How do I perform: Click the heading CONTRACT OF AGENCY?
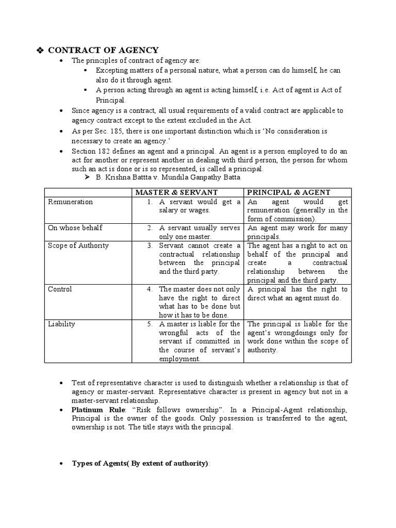pos(103,50)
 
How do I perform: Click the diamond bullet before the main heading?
pos(40,50)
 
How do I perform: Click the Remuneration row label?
pos(70,202)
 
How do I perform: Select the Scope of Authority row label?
pos(78,245)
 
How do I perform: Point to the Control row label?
pos(60,289)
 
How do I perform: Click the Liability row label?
pos(61,324)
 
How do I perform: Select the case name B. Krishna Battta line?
pos(168,177)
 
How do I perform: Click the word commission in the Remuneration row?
pos(288,219)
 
